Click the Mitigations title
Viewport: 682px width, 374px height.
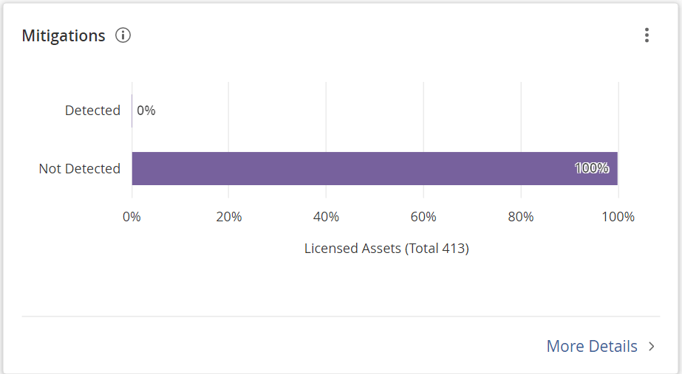(64, 35)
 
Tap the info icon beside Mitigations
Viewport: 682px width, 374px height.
(123, 35)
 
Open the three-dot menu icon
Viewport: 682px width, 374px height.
(647, 35)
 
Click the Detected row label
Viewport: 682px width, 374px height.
(92, 111)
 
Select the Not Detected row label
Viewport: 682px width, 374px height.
(79, 169)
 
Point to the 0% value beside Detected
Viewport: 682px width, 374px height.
(146, 111)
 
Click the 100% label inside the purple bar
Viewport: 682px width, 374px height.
(592, 168)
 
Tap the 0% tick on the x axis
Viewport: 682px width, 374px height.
(132, 217)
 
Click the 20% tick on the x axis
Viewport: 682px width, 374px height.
(229, 217)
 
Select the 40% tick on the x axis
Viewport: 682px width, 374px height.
(326, 217)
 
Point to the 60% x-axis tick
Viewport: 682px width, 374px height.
(423, 217)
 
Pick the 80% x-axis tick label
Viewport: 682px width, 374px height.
(521, 217)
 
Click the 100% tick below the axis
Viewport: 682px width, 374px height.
(618, 217)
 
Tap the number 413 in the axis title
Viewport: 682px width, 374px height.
(454, 249)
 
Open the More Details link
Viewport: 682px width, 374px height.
(592, 346)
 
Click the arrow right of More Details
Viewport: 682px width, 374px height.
(651, 346)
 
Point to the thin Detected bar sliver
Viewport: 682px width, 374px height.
(132, 111)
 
